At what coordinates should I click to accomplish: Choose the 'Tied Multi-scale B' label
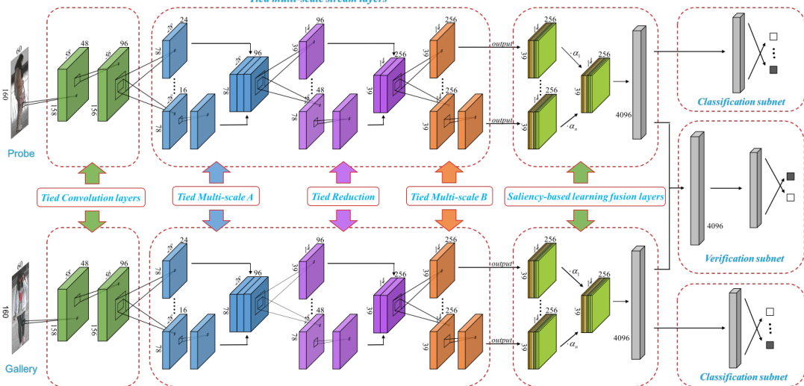point(448,197)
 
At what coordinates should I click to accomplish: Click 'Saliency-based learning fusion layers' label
point(585,197)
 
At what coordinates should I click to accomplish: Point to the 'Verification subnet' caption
point(744,258)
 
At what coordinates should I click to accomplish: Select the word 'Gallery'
point(22,369)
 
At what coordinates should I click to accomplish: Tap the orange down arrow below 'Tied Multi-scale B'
point(448,220)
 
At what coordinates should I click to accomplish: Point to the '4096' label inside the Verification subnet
point(715,225)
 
